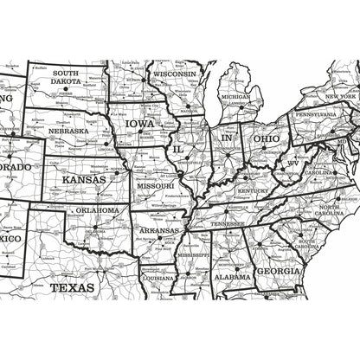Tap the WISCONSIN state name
(x=176, y=75)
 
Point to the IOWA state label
(x=141, y=124)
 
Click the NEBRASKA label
(x=67, y=132)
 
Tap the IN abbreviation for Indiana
(x=227, y=138)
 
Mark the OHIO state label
(x=267, y=138)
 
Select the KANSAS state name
(x=84, y=179)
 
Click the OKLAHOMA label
(x=96, y=210)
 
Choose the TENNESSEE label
(x=228, y=223)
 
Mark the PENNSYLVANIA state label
(x=317, y=114)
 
